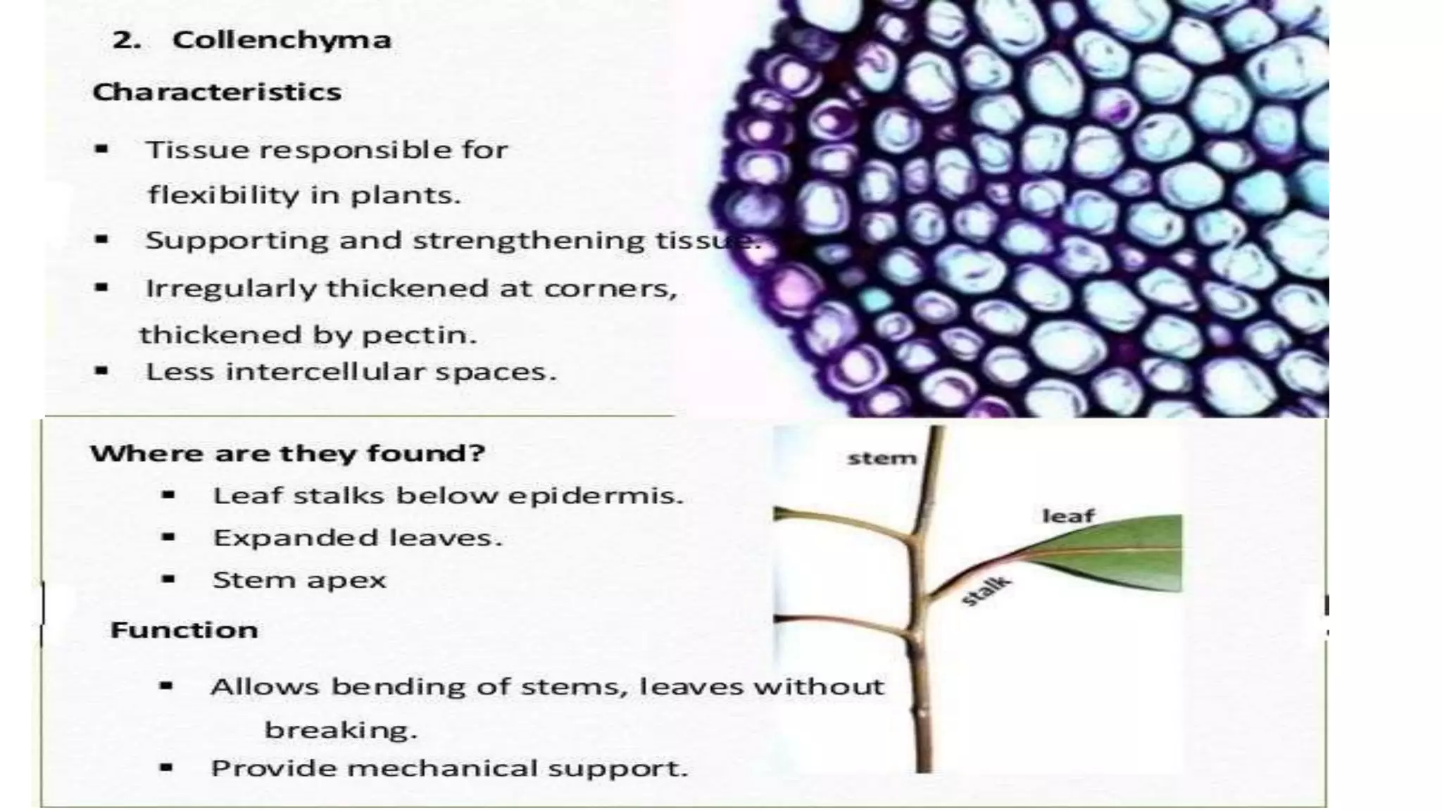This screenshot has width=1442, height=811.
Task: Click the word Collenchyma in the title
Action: [x=282, y=40]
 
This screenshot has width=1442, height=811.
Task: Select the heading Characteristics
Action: [x=217, y=92]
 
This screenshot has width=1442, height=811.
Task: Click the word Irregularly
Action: [x=230, y=289]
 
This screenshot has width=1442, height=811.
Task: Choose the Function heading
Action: [x=184, y=629]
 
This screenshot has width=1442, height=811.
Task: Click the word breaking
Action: [x=340, y=730]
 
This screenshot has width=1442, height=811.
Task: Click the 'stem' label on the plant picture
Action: [x=882, y=459]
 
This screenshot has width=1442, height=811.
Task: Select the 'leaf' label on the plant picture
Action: [x=1068, y=516]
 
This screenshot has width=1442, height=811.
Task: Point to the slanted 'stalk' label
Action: [x=986, y=591]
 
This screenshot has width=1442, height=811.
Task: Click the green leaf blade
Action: [x=1127, y=556]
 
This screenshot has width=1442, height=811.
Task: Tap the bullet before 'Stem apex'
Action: [x=168, y=580]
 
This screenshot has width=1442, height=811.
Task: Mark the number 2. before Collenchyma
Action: [x=126, y=40]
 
